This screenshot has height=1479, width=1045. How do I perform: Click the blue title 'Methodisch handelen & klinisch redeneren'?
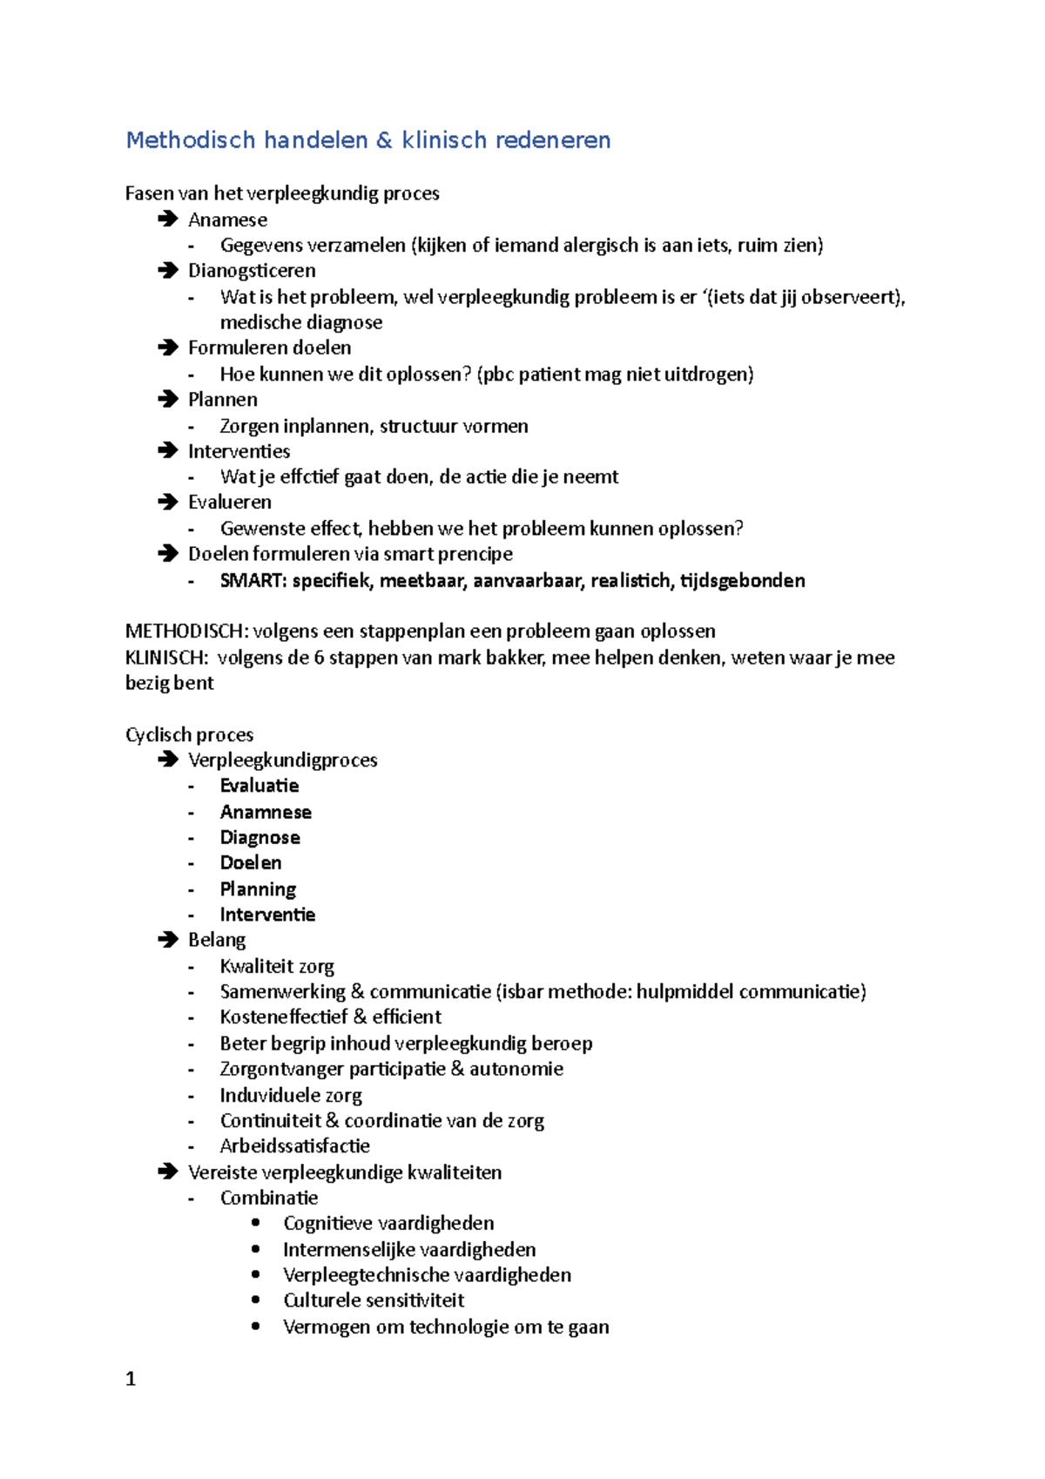coord(367,140)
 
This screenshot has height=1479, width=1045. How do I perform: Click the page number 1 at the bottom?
coord(131,1379)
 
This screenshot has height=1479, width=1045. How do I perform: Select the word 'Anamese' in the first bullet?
coord(227,219)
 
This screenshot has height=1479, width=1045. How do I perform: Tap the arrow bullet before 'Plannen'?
coord(167,399)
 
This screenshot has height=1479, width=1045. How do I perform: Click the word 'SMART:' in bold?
coord(253,580)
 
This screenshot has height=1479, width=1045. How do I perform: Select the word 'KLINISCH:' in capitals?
coord(166,657)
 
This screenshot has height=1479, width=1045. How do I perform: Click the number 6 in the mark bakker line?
coord(319,657)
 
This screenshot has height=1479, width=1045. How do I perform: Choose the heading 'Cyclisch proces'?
coord(189,734)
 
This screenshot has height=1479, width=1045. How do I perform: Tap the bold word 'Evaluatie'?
coord(260,786)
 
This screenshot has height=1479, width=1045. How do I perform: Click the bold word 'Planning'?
coord(258,888)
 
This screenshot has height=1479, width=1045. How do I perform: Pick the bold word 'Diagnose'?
coord(260,837)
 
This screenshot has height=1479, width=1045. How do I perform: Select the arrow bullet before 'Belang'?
coord(167,939)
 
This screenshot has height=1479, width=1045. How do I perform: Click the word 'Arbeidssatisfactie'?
coord(294,1145)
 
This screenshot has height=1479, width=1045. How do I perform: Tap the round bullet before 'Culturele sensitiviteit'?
coord(255,1300)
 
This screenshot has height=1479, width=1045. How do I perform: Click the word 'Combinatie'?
coord(269,1198)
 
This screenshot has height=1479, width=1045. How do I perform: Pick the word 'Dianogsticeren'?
coord(252,270)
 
